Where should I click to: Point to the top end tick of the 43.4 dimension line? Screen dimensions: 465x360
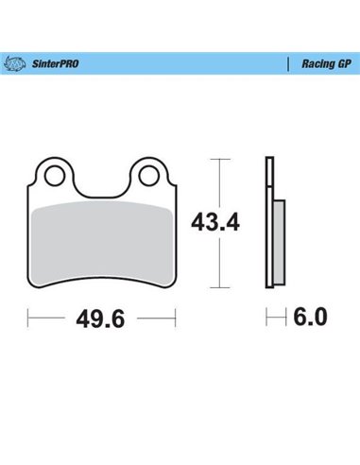pyautogui.click(x=221, y=161)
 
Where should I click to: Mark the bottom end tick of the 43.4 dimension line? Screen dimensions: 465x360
pyautogui.click(x=221, y=286)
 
